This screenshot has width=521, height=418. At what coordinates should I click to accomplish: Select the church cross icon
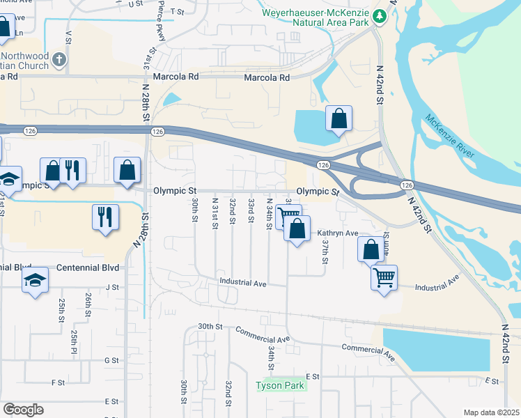(59, 60)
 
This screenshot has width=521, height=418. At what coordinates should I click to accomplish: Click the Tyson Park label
(281, 385)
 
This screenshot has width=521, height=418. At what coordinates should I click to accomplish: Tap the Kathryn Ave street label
(337, 233)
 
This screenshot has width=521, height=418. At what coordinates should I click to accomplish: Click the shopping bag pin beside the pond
(339, 120)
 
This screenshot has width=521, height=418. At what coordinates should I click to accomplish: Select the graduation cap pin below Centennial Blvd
(35, 281)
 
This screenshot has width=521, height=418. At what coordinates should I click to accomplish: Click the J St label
(111, 286)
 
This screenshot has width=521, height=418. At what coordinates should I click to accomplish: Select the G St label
(111, 360)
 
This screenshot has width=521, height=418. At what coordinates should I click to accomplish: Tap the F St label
(58, 382)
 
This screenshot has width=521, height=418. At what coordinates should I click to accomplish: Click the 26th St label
(88, 304)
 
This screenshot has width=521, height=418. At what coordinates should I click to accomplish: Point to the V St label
(68, 36)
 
